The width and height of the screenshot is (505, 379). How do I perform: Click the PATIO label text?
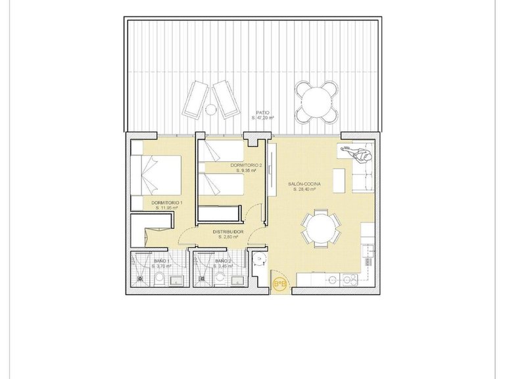[x=263, y=113]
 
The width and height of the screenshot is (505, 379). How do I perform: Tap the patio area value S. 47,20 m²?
[x=263, y=118]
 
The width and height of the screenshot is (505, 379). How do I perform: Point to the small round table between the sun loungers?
[x=211, y=109]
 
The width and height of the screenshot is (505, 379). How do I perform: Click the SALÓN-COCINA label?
[x=304, y=184]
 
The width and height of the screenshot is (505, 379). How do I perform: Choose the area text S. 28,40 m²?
[x=304, y=189]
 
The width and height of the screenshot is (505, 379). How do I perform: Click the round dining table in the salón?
[x=321, y=228]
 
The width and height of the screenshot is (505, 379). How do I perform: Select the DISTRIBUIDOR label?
[x=228, y=232]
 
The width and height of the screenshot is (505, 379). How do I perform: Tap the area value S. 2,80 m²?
[x=228, y=238]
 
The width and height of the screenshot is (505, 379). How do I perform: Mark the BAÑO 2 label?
[x=223, y=261]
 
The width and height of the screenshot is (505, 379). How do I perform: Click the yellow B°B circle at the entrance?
[x=279, y=284]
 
